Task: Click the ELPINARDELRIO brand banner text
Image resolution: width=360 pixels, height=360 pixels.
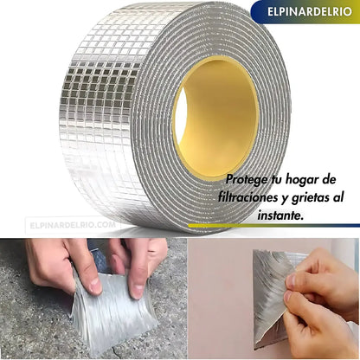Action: click(x=310, y=11)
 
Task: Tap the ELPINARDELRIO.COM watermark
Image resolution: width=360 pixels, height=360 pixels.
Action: click(x=73, y=225)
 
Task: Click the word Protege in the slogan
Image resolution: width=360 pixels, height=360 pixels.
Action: click(x=247, y=180)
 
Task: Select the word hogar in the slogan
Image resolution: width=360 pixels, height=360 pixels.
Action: click(x=300, y=180)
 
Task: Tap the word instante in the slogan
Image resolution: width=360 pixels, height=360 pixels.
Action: click(x=280, y=215)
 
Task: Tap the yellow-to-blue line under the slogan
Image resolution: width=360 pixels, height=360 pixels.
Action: click(x=273, y=226)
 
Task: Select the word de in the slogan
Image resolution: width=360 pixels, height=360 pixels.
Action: click(x=328, y=180)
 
